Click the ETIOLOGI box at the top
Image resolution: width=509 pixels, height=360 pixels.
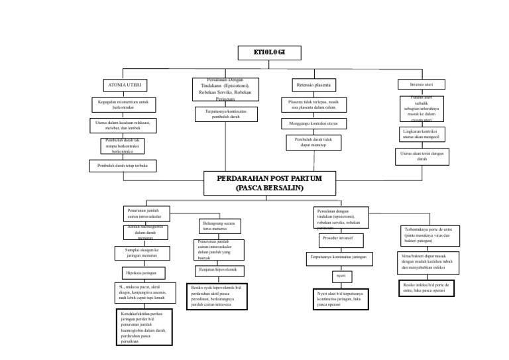pos(270,53)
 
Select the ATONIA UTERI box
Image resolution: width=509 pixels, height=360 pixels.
pos(125,86)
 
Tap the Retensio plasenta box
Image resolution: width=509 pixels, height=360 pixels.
pos(313,86)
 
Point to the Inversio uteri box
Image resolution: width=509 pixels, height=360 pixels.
pos(422,85)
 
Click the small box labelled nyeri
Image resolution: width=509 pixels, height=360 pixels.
pos(341,275)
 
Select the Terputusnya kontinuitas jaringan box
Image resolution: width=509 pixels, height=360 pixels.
pos(340,257)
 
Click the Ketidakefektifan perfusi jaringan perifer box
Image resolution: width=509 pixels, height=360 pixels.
pos(144,326)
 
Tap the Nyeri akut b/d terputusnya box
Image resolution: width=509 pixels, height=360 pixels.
pos(340,299)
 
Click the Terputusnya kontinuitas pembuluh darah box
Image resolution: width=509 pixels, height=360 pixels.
pos(225,114)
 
